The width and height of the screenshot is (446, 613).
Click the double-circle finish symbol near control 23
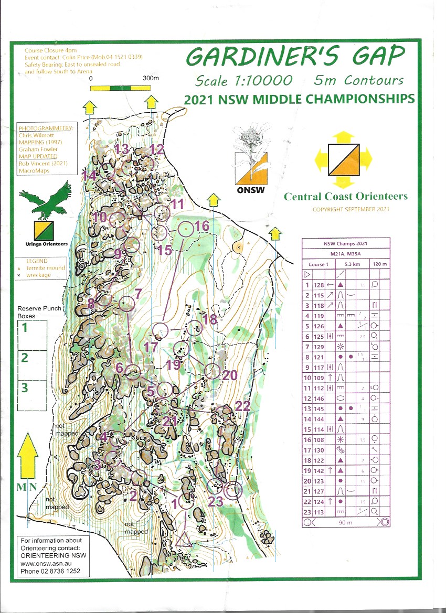point(233,490)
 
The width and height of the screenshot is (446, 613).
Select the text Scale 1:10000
point(243,81)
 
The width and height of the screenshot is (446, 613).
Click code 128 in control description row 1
point(317,284)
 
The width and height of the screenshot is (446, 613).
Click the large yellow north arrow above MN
point(28,456)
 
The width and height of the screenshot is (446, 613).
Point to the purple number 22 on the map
point(242,406)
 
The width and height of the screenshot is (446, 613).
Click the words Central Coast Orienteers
point(345,197)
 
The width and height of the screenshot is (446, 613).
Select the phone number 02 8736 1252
point(50,572)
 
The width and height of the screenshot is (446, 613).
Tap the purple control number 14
point(88,176)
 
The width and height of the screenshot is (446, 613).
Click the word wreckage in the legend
point(38,275)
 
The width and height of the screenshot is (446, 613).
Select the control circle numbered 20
point(213,371)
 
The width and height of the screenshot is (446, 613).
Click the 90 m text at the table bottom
point(346,523)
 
